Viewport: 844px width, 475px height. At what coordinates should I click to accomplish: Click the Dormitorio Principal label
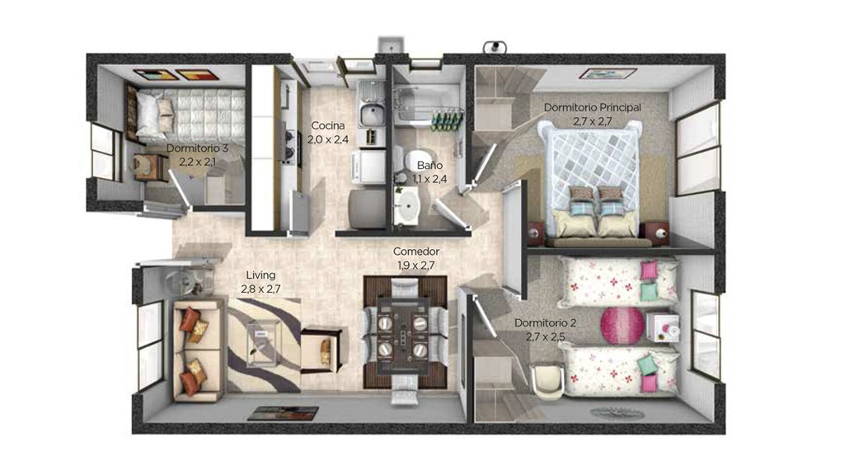point(592,107)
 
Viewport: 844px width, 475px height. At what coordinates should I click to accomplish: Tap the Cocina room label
point(328,125)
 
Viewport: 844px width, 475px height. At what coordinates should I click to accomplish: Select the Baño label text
point(429,165)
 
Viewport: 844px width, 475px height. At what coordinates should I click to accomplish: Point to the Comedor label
point(416,251)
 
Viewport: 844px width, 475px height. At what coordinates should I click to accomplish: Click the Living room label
point(260,275)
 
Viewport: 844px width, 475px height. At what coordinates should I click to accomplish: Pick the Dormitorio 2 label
point(546,322)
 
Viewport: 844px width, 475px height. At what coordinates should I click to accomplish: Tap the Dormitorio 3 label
point(197,148)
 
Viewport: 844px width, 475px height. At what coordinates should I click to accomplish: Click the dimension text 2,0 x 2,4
point(328,139)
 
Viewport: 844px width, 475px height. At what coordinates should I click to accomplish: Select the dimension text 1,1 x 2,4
point(429,179)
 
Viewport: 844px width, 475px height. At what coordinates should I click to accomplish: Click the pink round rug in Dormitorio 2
point(622,325)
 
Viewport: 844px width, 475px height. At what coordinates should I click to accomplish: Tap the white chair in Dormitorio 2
point(548,379)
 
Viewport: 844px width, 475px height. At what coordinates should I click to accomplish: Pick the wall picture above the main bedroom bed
point(607,73)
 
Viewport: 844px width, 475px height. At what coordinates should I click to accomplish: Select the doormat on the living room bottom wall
point(284,413)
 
